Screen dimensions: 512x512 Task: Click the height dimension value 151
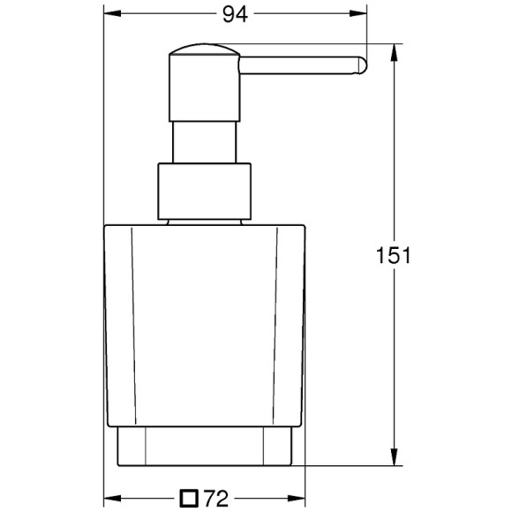click(x=394, y=256)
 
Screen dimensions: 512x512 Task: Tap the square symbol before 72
click(x=188, y=499)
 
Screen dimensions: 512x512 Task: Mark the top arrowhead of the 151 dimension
click(x=394, y=48)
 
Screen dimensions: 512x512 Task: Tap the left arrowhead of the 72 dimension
click(x=110, y=498)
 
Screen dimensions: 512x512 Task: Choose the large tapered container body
click(x=205, y=327)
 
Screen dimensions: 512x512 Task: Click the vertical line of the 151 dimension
click(x=394, y=353)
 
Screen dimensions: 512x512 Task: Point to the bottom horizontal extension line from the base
click(x=353, y=466)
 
